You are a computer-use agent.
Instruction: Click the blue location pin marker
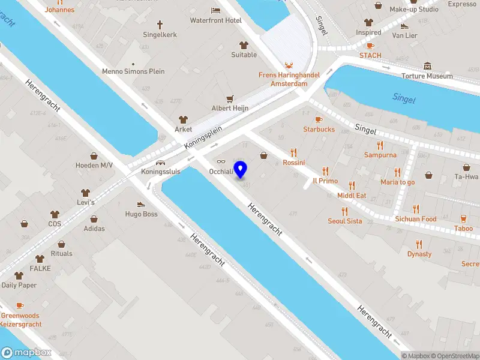(241, 169)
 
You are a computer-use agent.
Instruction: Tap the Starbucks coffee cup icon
(319, 119)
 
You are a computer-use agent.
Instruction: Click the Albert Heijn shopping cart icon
(229, 98)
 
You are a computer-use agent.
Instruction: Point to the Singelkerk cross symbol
(160, 25)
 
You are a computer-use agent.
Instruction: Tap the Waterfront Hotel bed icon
(216, 10)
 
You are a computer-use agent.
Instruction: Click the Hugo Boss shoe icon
(141, 204)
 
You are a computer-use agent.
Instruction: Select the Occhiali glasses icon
(221, 161)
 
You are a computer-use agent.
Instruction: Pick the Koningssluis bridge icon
(160, 162)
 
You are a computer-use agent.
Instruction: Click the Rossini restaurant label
(294, 163)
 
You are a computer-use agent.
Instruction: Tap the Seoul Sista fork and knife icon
(344, 211)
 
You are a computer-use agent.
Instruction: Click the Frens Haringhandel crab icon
(289, 65)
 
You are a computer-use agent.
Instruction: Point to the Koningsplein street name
(203, 137)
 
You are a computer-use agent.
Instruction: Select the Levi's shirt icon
(85, 193)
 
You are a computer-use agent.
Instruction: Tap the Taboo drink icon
(463, 219)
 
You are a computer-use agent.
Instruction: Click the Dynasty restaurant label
(419, 254)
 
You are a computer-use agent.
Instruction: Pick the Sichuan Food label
(416, 219)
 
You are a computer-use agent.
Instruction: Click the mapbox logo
(26, 353)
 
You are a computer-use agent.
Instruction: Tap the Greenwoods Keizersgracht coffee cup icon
(20, 306)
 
